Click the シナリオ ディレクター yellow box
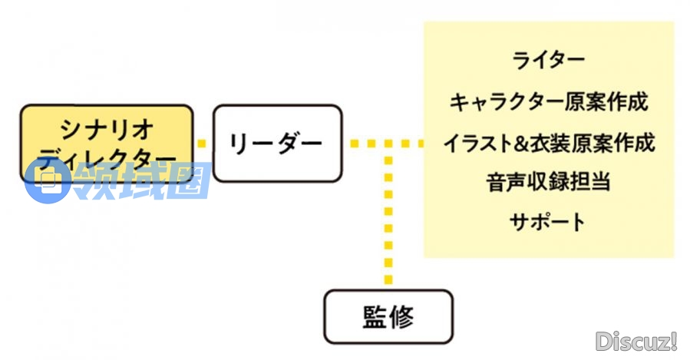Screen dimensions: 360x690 [106, 143]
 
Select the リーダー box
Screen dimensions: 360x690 [277, 144]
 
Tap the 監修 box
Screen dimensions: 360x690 [388, 316]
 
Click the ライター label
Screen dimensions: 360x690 [548, 60]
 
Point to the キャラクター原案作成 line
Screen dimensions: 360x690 [548, 101]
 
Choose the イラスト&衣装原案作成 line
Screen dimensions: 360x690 [548, 143]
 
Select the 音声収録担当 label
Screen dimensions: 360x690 [548, 183]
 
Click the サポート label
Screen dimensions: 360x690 [548, 223]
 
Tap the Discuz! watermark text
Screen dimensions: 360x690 [636, 339]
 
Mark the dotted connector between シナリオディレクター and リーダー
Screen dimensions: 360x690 [203, 143]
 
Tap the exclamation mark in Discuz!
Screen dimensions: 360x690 [673, 339]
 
